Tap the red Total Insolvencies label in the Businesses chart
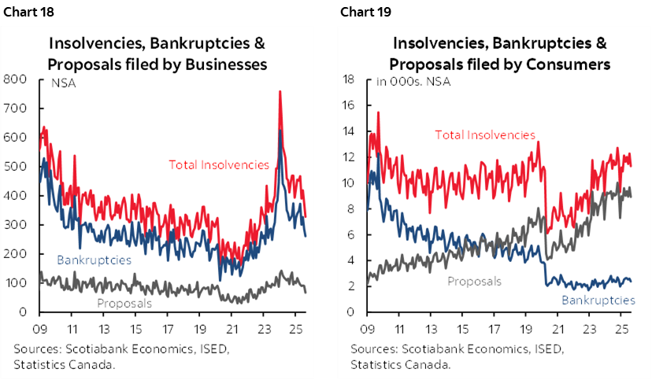[219, 164]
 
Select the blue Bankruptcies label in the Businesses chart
[94, 259]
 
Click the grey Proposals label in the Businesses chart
[124, 302]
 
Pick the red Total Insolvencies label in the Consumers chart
[485, 135]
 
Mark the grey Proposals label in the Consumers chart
[474, 281]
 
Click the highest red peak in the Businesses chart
[280, 92]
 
